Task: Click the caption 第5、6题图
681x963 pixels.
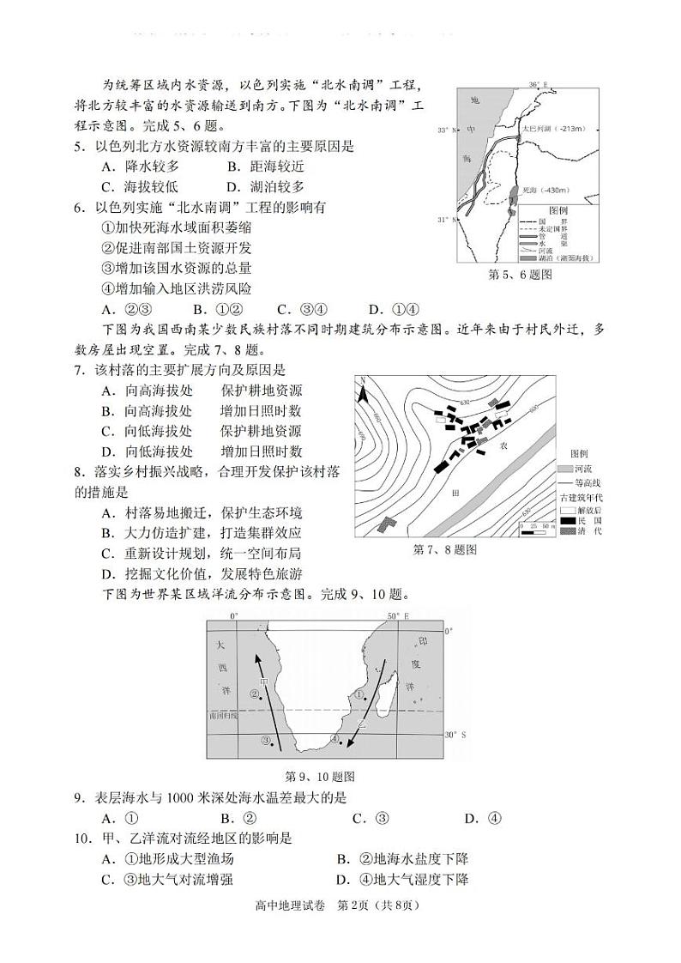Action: [x=520, y=274]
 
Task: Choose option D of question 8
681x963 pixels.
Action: [x=202, y=573]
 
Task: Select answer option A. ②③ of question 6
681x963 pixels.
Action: [x=127, y=310]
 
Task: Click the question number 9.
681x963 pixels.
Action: [x=78, y=797]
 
